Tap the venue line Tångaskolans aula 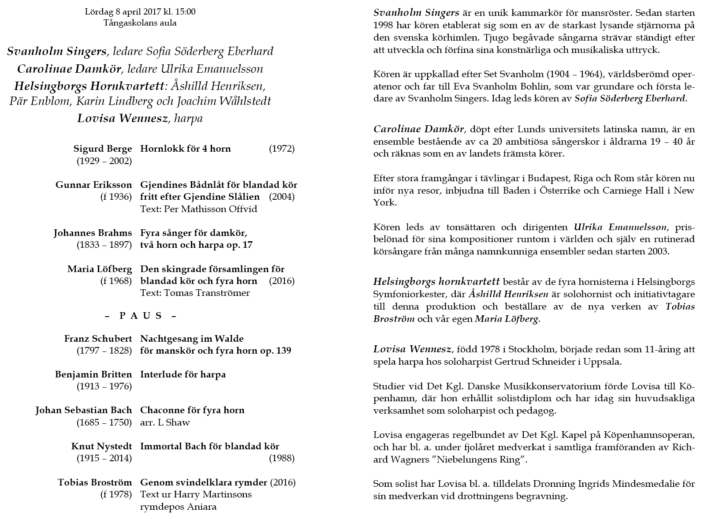tap(140, 23)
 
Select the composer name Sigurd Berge tap(102, 149)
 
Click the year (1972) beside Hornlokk tap(282, 149)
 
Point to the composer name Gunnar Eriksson tap(93, 185)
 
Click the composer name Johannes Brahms tap(93, 233)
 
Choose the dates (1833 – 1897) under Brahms tap(104, 245)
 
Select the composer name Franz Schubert tap(98, 339)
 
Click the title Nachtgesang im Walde tap(192, 339)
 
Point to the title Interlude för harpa tap(183, 374)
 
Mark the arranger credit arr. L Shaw tap(165, 422)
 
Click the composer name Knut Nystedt tap(101, 446)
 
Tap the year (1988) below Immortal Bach tap(282, 458)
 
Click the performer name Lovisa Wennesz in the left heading tap(123, 118)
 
